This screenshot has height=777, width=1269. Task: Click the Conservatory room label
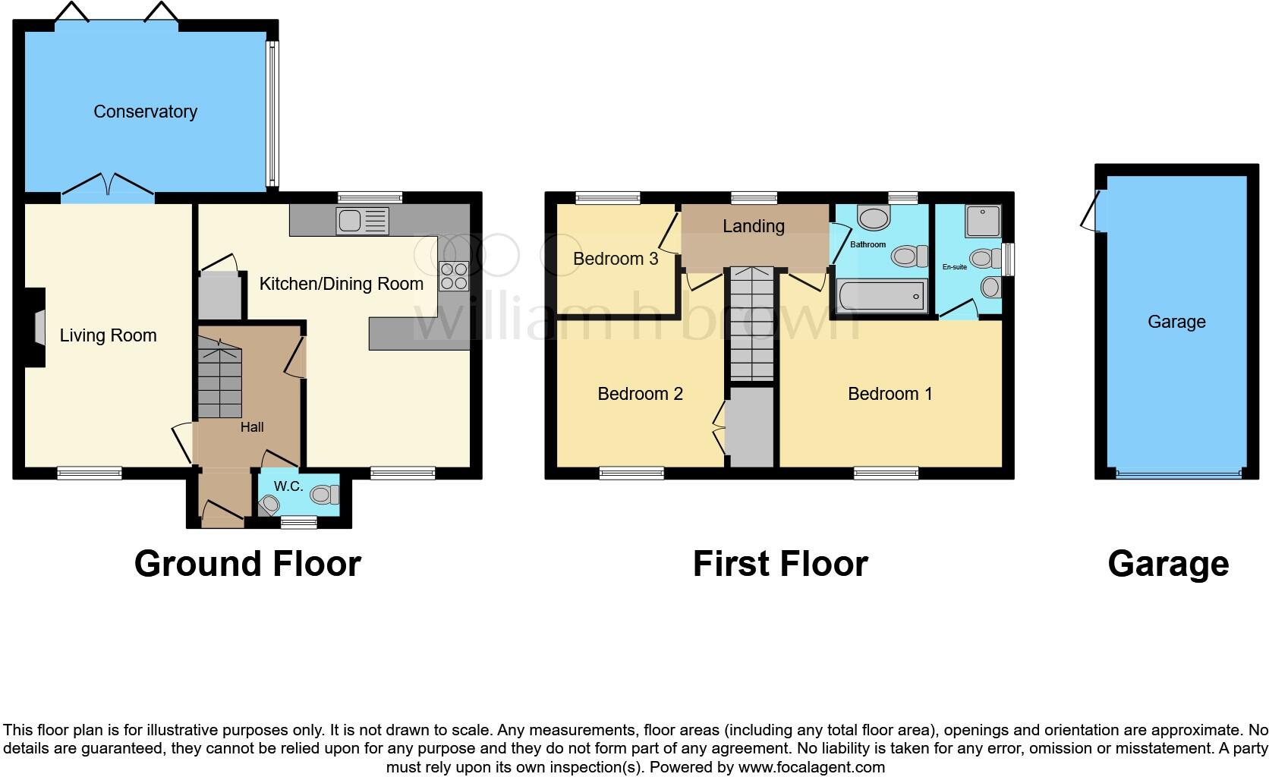pyautogui.click(x=145, y=112)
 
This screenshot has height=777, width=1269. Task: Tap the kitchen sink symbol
pyautogui.click(x=362, y=221)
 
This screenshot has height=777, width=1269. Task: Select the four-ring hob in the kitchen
pyautogui.click(x=453, y=275)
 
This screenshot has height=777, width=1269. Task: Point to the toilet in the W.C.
pyautogui.click(x=325, y=495)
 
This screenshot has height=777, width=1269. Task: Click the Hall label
pyautogui.click(x=252, y=427)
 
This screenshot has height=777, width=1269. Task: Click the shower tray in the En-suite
pyautogui.click(x=983, y=221)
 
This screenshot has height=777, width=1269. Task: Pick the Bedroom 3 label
pyautogui.click(x=615, y=259)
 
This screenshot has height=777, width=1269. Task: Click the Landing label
pyautogui.click(x=753, y=226)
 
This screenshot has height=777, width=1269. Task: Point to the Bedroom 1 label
pyautogui.click(x=890, y=394)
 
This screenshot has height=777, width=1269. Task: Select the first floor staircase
pyautogui.click(x=751, y=324)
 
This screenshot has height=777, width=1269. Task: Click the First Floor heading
pyautogui.click(x=779, y=564)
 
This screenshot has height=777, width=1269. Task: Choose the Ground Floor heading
pyautogui.click(x=247, y=564)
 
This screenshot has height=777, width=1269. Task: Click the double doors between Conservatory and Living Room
pyautogui.click(x=108, y=188)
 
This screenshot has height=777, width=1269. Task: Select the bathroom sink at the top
pyautogui.click(x=873, y=219)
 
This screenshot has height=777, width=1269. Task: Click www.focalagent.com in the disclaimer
pyautogui.click(x=811, y=767)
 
